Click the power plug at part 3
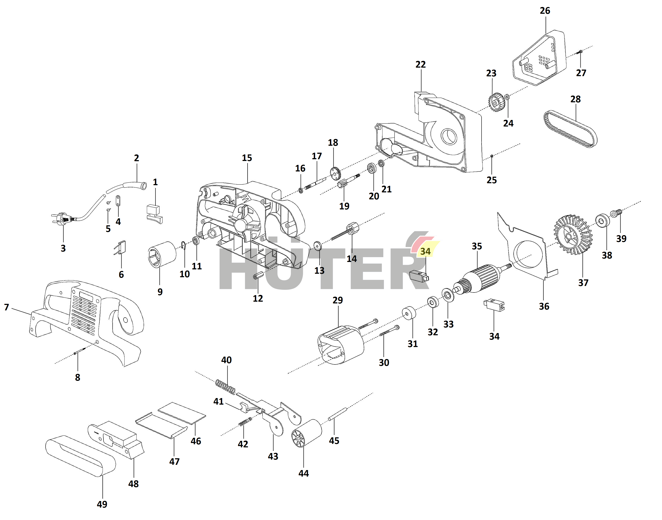62,218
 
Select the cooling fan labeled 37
573,234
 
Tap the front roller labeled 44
306,433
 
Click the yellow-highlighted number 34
425,251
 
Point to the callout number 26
545,11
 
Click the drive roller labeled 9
162,254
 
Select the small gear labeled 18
335,173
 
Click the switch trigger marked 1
154,214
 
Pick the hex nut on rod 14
352,228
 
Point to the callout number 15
247,158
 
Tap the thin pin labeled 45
337,414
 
